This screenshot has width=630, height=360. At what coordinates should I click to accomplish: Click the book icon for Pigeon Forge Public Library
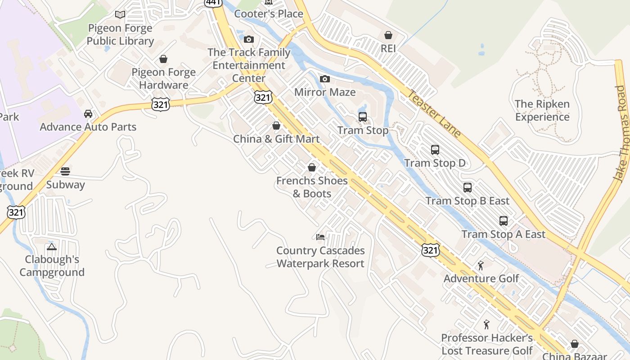120,15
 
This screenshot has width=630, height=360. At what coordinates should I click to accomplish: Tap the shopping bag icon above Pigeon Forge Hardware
163,59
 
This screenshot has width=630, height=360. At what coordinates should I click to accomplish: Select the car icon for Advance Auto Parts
88,114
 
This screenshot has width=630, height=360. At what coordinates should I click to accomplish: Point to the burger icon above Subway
65,171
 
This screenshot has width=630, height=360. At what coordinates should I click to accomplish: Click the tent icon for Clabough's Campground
52,247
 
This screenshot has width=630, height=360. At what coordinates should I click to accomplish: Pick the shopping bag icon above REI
388,35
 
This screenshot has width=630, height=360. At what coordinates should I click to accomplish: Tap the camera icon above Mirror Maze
324,79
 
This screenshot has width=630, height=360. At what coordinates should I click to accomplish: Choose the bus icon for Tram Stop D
435,150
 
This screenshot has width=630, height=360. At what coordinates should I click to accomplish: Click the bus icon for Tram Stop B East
468,188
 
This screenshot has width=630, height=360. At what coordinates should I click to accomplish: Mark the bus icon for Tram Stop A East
503,221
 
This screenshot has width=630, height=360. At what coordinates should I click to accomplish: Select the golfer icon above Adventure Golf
481,265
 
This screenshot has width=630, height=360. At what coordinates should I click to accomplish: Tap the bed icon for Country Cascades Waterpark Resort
320,237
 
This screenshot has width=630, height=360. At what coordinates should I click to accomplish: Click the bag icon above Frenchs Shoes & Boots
311,168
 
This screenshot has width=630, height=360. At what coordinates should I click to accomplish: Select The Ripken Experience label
542,110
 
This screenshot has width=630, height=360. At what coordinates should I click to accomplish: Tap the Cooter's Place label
269,14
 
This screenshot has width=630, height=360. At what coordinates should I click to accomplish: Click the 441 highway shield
212,2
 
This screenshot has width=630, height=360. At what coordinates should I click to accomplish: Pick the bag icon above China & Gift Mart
276,126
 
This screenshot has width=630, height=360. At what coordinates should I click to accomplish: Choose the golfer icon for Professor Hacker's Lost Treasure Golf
486,324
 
